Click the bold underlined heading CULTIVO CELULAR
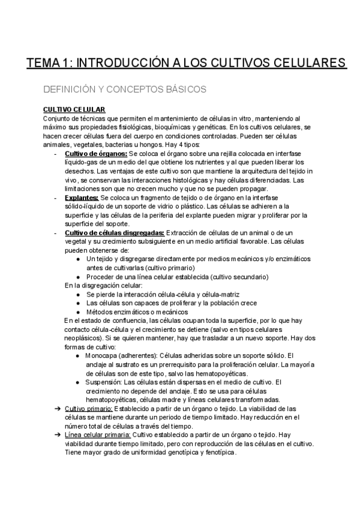pyautogui.click(x=74, y=109)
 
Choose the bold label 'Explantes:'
pyautogui.click(x=82, y=197)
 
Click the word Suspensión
pyautogui.click(x=103, y=382)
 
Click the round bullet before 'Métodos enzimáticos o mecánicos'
pyautogui.click(x=80, y=312)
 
